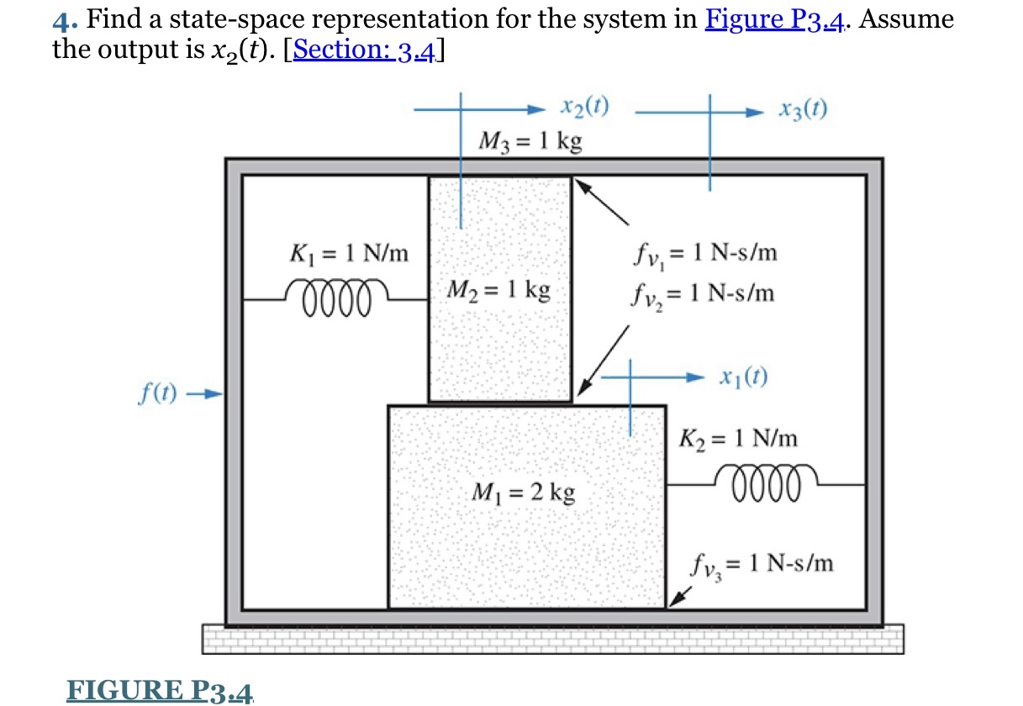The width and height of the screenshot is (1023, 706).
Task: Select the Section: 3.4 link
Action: click(365, 50)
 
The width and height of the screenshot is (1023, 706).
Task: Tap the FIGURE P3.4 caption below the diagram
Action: click(160, 691)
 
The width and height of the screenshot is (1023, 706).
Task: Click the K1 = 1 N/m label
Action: click(349, 252)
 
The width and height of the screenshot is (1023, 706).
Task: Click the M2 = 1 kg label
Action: click(499, 291)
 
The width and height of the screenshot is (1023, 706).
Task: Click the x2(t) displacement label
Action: click(584, 108)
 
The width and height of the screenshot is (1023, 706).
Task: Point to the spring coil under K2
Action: click(762, 481)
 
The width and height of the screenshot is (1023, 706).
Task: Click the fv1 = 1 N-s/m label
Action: click(702, 253)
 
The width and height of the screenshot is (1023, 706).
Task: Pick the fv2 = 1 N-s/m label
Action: click(702, 294)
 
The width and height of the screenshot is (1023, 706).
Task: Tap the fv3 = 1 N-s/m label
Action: click(763, 562)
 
